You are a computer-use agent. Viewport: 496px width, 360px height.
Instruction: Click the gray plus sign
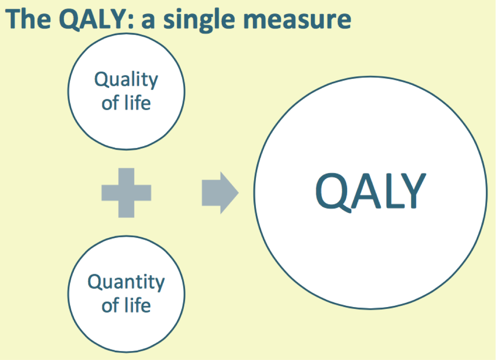[126, 192]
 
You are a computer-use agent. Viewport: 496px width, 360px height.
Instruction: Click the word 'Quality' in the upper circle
[126, 81]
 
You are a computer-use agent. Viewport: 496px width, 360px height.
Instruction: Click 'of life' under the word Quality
[126, 103]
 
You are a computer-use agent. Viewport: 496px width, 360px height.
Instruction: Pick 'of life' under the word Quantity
[126, 305]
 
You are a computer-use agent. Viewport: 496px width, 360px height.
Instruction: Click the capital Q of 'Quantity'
[95, 282]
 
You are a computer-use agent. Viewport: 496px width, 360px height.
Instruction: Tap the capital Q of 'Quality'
[101, 80]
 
